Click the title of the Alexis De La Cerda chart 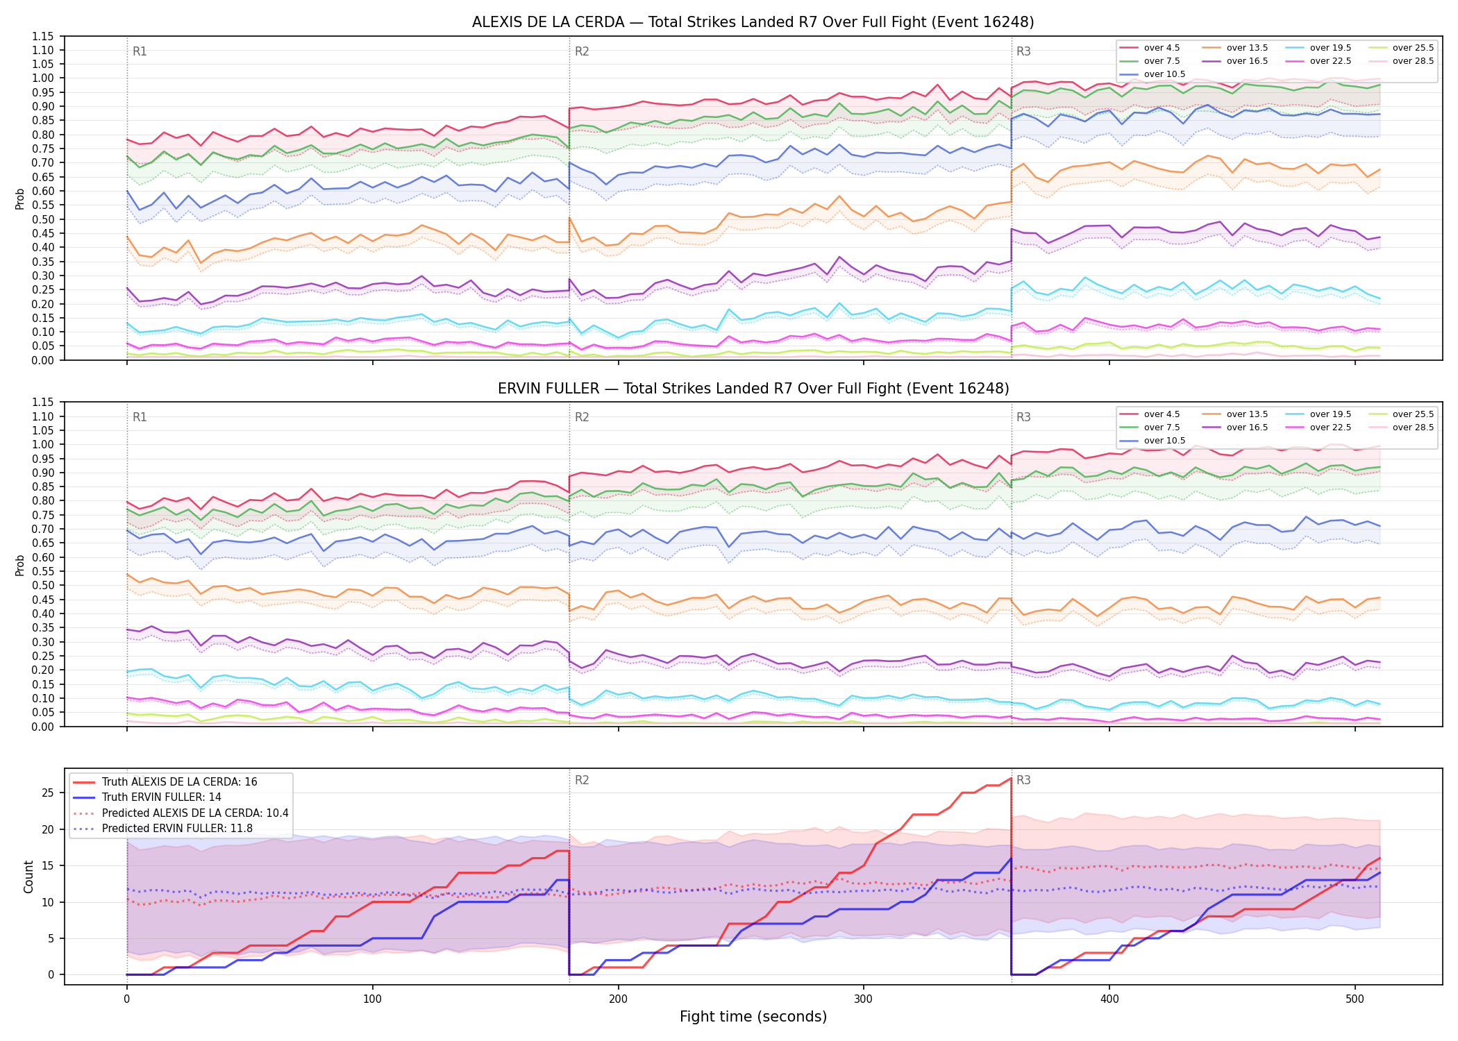click(753, 22)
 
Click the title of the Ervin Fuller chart click(753, 389)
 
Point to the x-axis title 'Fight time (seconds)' click(753, 1017)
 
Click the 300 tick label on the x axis click(864, 999)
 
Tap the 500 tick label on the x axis click(1355, 999)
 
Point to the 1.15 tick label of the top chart click(42, 36)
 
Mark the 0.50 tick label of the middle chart click(42, 586)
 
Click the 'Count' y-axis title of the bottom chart click(28, 877)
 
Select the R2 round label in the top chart click(582, 51)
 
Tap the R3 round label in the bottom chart click(1023, 780)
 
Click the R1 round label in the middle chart click(140, 417)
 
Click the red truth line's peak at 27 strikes click(1011, 779)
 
